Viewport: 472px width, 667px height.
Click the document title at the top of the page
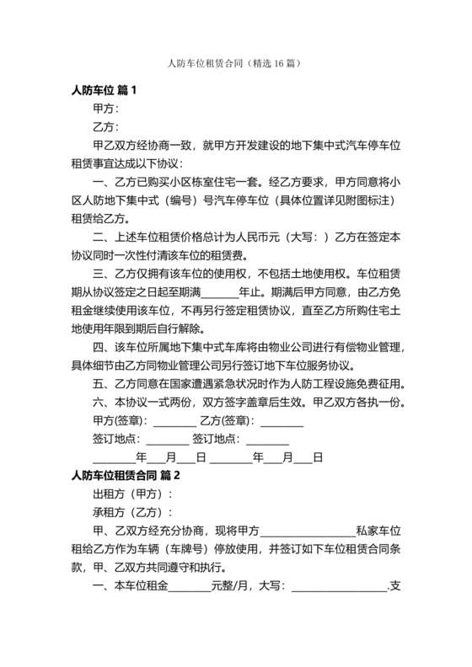[235, 63]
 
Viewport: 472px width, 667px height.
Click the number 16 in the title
[269, 63]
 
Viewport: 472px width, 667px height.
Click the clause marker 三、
[102, 274]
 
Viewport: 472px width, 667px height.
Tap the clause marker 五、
[102, 384]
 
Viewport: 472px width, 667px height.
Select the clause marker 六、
[102, 403]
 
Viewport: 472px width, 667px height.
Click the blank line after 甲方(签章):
[172, 421]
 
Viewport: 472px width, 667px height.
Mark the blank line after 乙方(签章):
[281, 421]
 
